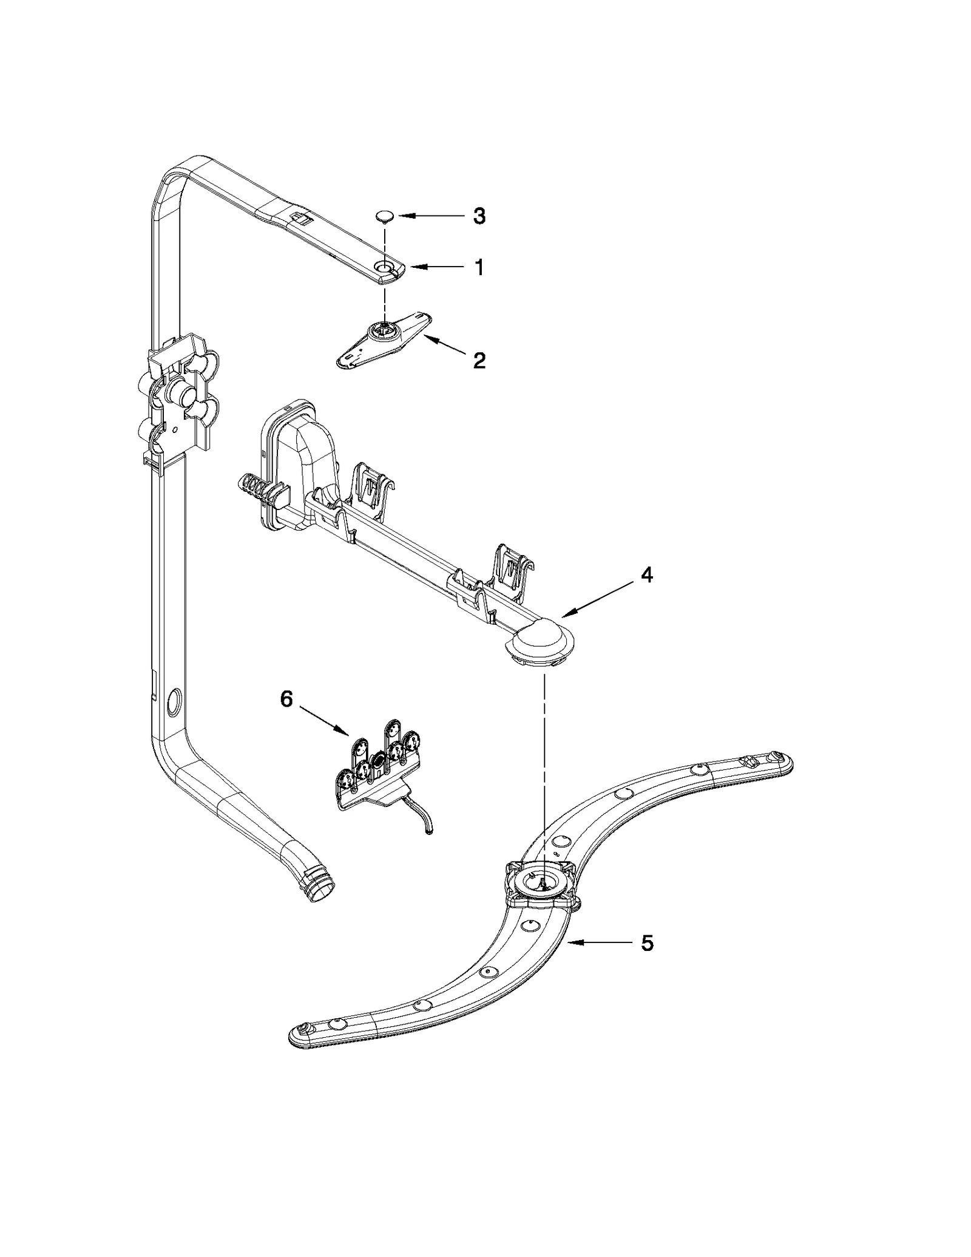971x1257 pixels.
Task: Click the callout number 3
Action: tap(479, 216)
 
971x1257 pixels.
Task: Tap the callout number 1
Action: tap(479, 267)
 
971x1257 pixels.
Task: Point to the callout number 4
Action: tap(647, 574)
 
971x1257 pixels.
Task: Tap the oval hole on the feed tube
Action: tap(172, 700)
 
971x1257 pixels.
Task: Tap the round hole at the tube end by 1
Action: tap(385, 267)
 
